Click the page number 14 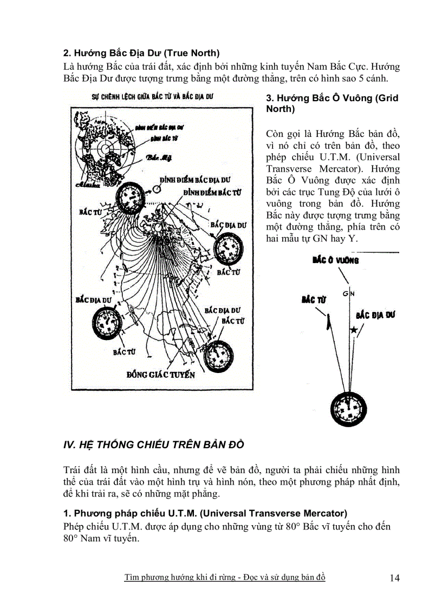coord(394,578)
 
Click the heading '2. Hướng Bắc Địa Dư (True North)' coord(141,53)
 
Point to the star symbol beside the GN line coord(354,329)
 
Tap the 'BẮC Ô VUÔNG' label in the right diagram coord(336,260)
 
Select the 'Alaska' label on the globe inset coord(84,185)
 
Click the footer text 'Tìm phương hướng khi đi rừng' coord(185,577)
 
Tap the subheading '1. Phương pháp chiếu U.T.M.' coord(205,513)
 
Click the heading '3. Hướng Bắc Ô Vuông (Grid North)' coord(332,103)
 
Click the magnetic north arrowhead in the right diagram coord(329,323)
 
